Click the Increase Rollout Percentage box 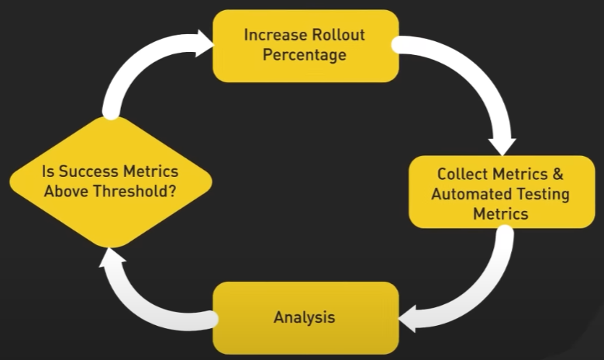click(305, 45)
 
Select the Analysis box click(305, 317)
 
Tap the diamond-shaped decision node click(110, 182)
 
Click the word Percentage click(305, 55)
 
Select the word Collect click(463, 174)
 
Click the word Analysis click(305, 317)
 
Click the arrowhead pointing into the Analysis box click(408, 317)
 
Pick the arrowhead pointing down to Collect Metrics click(501, 145)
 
